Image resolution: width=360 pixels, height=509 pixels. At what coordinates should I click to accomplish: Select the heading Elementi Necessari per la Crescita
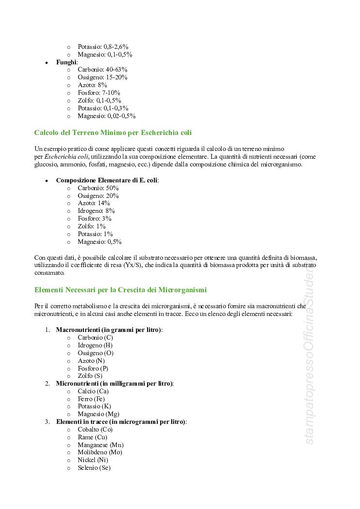pos(120,290)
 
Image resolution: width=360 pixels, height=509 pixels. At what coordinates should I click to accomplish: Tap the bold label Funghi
pos(66,62)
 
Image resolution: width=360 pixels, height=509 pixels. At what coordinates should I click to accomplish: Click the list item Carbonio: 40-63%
pos(102,70)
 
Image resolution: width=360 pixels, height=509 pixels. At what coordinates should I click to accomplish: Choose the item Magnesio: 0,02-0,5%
pos(106,116)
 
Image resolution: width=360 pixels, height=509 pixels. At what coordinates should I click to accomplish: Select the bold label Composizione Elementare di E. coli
pos(107,180)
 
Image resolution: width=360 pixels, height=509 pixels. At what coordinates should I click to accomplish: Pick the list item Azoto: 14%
pos(94,203)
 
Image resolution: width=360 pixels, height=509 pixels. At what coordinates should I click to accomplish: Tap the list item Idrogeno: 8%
pos(96,211)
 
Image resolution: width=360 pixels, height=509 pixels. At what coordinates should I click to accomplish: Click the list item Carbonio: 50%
pos(98,188)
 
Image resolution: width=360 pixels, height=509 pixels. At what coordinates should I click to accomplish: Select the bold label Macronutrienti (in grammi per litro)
pos(109,329)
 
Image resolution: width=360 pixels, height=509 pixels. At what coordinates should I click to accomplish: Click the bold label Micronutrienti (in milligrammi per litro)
pos(115,383)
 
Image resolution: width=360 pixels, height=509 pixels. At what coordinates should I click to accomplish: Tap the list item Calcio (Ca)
pos(93,391)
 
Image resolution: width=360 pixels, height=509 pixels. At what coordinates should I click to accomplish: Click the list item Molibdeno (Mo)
pos(100,452)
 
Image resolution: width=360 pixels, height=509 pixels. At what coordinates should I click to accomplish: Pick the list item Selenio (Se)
pos(94,468)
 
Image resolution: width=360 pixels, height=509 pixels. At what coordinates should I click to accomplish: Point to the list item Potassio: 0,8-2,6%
pos(103,47)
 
